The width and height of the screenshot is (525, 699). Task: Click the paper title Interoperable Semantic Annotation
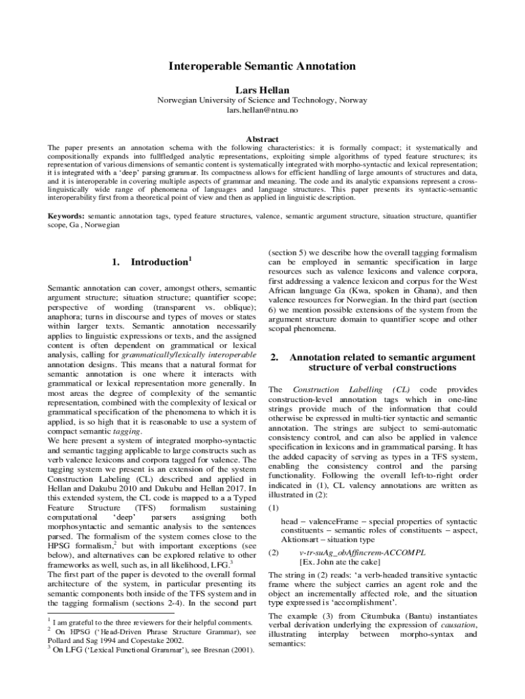[x=262, y=66]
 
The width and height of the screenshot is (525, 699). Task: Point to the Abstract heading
[x=262, y=139]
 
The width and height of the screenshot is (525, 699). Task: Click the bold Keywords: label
[x=65, y=216]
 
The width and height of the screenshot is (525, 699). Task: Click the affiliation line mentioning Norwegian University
[x=262, y=100]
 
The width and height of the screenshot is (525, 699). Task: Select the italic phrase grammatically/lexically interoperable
[x=189, y=356]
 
